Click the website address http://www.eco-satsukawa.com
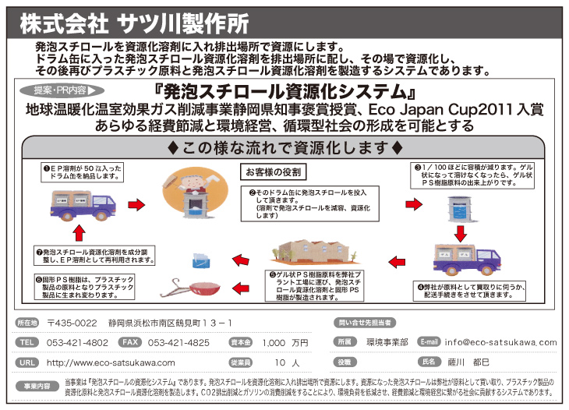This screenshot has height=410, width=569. (x=111, y=362)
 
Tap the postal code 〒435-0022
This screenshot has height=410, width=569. (x=72, y=323)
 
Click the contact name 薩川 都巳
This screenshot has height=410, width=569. (x=468, y=362)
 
